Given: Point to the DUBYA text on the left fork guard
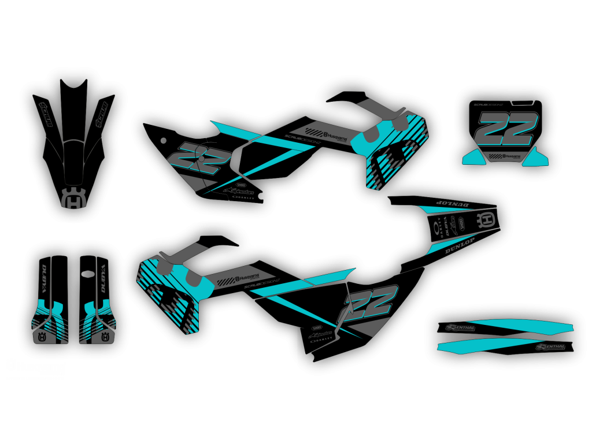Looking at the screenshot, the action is coord(45,280).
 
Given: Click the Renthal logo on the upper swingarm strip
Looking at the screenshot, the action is coord(461,328).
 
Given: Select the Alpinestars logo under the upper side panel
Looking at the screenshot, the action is coord(243,190).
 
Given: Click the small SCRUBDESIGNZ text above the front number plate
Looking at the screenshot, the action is coord(489,105).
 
